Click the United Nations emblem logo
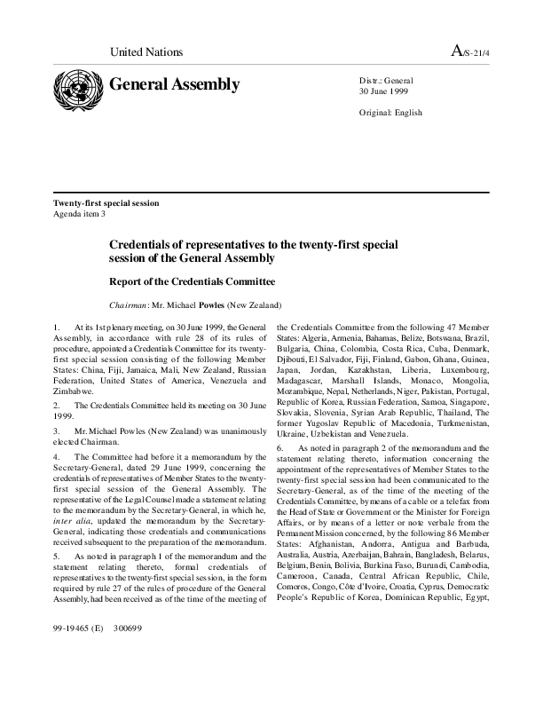pos(77,88)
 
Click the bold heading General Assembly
pos(174,85)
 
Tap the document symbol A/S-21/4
pos(470,52)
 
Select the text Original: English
pos(390,113)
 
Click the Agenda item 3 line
pos(80,214)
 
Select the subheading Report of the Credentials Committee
pos(192,281)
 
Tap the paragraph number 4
pos(56,457)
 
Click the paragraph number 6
pos(280,449)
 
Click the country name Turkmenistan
pos(462,423)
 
